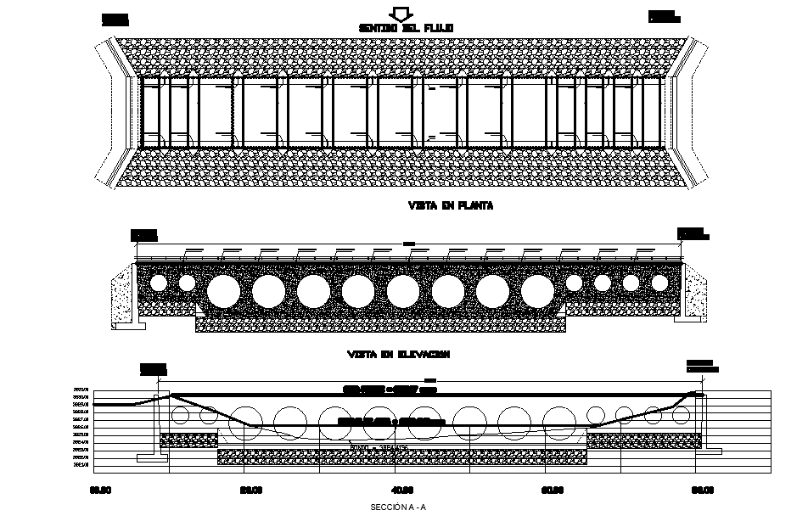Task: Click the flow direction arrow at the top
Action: click(x=399, y=13)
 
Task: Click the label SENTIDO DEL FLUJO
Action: click(x=406, y=28)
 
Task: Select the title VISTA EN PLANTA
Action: click(x=439, y=205)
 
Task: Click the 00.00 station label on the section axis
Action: click(x=99, y=489)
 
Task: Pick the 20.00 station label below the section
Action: click(x=251, y=489)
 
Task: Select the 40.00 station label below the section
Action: click(x=401, y=489)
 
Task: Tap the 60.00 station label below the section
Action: click(x=553, y=489)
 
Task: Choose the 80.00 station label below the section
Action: click(x=701, y=489)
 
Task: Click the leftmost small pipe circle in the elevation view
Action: click(x=158, y=283)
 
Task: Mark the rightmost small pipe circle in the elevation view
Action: click(x=659, y=283)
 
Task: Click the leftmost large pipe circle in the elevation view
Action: click(x=223, y=290)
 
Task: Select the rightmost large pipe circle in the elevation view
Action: click(x=536, y=290)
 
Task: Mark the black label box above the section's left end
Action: click(x=153, y=367)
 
